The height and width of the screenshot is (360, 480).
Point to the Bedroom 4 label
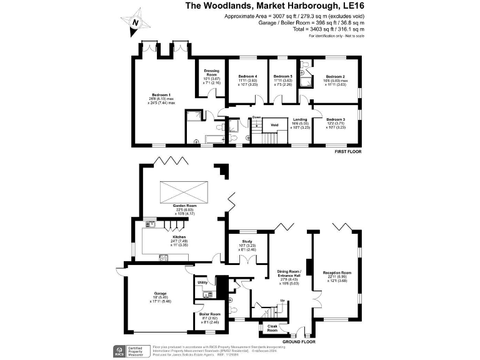[247, 76]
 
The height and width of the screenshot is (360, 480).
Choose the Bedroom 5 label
[282, 76]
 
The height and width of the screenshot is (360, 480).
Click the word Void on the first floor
[274, 125]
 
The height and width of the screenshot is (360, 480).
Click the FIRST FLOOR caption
[349, 152]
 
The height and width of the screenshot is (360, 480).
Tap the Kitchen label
[179, 237]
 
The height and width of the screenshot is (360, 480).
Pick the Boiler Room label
[211, 314]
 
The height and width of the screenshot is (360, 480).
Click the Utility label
[202, 282]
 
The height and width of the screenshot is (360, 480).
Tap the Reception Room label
[337, 273]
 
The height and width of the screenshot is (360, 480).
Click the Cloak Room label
[272, 327]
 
